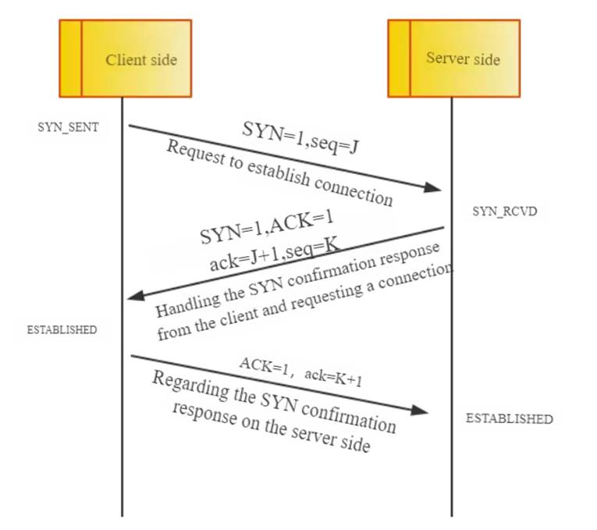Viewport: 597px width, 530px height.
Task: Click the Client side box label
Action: (141, 60)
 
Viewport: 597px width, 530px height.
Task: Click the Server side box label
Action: (463, 59)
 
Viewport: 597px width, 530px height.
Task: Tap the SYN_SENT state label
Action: (68, 127)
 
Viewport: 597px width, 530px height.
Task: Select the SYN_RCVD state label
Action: (504, 212)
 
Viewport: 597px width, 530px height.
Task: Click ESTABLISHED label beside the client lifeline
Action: (62, 329)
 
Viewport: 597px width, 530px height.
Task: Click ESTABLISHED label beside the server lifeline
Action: (510, 419)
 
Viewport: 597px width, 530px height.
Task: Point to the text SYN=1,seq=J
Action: (300, 138)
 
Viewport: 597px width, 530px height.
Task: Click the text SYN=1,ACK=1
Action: (267, 227)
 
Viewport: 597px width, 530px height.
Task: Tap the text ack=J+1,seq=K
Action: (274, 254)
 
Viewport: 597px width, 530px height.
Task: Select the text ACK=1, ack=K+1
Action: (300, 372)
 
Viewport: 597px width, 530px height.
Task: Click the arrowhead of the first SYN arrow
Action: (433, 187)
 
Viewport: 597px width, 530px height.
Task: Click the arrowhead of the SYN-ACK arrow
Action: (136, 296)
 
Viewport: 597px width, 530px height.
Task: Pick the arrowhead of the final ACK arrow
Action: (420, 410)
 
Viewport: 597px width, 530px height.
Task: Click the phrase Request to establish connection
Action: (279, 173)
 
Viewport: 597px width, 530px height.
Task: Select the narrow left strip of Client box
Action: (70, 59)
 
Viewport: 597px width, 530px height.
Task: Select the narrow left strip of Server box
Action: (399, 59)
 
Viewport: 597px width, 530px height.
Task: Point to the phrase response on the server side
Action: (272, 427)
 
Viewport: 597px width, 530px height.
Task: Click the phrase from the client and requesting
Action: (260, 311)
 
